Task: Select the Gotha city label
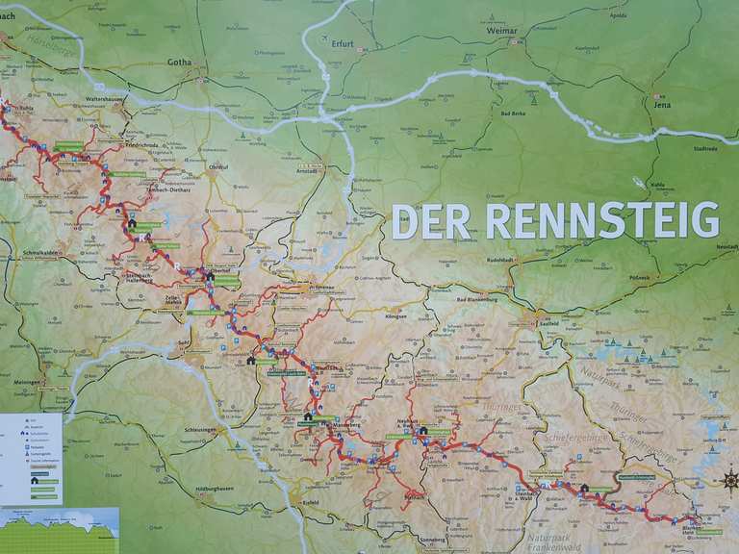point(179,62)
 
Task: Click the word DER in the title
point(431,220)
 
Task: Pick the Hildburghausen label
point(216,490)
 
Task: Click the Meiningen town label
point(26,382)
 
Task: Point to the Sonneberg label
point(434,540)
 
